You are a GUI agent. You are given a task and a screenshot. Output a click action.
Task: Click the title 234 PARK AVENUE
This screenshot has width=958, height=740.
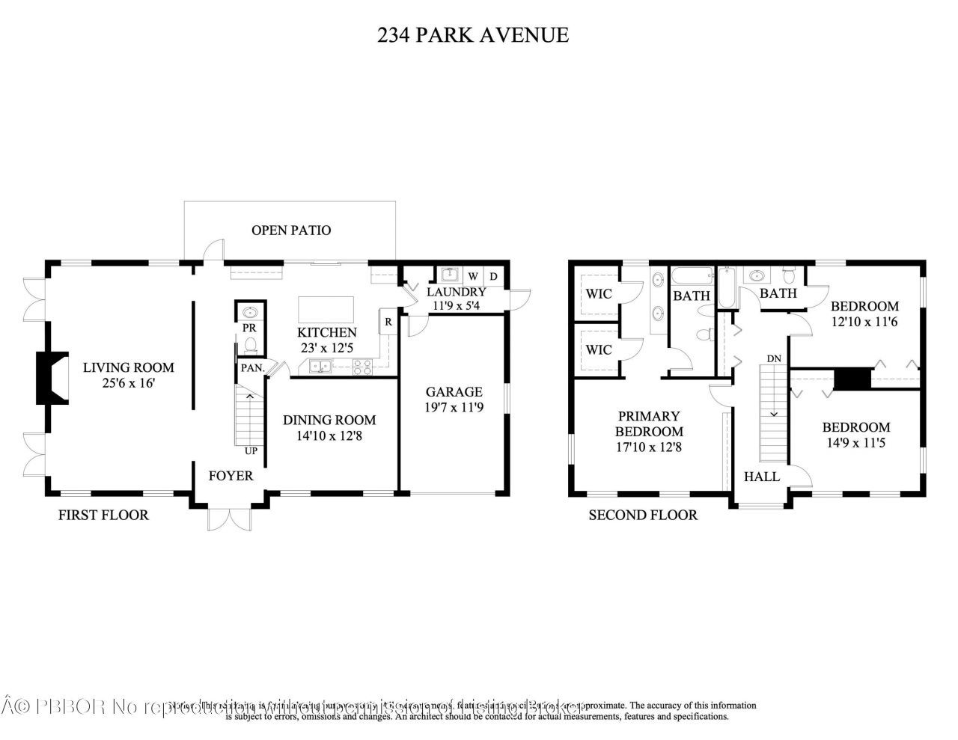click(472, 34)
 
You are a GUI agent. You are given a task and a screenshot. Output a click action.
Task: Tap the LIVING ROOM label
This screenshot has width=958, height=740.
click(128, 367)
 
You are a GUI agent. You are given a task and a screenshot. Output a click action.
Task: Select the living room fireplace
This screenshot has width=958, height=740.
click(52, 378)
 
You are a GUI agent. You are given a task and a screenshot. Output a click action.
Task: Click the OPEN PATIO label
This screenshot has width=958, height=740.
click(290, 230)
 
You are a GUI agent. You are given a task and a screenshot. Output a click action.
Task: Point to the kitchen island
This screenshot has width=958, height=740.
click(326, 308)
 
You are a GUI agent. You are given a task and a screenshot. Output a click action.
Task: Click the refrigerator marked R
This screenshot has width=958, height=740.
click(388, 322)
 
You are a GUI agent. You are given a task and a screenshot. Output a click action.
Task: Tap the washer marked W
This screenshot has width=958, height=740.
click(473, 276)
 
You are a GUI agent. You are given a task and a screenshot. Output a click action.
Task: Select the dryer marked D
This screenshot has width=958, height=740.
click(493, 276)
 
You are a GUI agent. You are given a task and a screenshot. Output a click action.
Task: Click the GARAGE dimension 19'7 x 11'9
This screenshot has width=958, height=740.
click(454, 408)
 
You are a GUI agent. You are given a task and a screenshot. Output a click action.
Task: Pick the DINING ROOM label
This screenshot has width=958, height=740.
click(329, 420)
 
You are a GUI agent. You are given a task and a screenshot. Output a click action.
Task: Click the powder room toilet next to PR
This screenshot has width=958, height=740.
click(251, 344)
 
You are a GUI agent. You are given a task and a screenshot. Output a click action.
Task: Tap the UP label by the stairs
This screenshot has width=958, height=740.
click(251, 451)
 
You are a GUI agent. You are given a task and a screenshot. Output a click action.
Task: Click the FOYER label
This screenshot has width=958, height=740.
click(231, 476)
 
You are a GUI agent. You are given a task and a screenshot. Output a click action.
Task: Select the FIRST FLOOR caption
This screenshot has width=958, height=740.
click(103, 515)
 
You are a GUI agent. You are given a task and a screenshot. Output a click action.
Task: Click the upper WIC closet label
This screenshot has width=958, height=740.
click(598, 294)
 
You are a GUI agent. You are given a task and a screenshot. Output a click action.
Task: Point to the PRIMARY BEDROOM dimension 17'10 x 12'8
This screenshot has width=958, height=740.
click(649, 447)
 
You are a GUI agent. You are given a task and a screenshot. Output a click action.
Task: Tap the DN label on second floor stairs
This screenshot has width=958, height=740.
click(774, 358)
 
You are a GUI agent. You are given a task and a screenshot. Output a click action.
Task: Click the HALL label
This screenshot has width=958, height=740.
click(762, 477)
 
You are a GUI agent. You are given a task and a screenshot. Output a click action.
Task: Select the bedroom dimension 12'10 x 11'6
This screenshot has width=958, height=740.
click(864, 321)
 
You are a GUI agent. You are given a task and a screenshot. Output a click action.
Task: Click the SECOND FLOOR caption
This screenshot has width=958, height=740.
click(643, 515)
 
